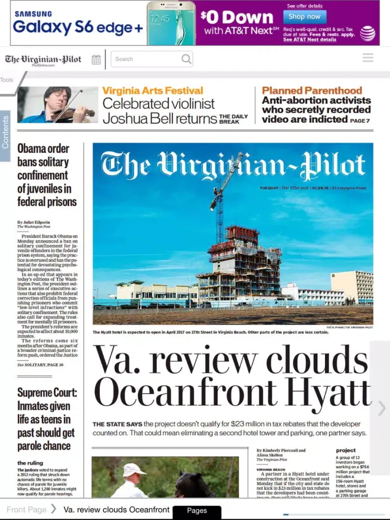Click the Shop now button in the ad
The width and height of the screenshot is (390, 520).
point(305,17)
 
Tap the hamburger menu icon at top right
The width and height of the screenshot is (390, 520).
point(368,58)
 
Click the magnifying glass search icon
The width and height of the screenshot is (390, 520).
point(186,59)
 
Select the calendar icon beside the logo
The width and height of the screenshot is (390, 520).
point(96,59)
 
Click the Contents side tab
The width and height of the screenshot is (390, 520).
point(5,133)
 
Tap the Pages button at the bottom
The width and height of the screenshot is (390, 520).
point(197,511)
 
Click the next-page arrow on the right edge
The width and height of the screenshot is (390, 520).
point(381,408)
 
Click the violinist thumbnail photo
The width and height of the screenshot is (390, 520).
point(58,105)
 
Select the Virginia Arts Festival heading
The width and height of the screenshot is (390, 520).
point(153,90)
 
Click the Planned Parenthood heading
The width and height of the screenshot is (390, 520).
point(312,90)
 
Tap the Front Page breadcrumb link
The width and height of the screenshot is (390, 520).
point(27,510)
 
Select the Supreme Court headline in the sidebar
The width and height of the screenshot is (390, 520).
point(47,419)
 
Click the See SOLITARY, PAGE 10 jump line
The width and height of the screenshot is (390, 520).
point(41,365)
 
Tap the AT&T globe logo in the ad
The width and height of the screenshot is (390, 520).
point(368,33)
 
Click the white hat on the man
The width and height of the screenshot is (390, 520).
point(134,469)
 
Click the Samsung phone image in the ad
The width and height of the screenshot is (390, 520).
point(171,23)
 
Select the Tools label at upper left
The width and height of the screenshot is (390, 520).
point(7,80)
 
